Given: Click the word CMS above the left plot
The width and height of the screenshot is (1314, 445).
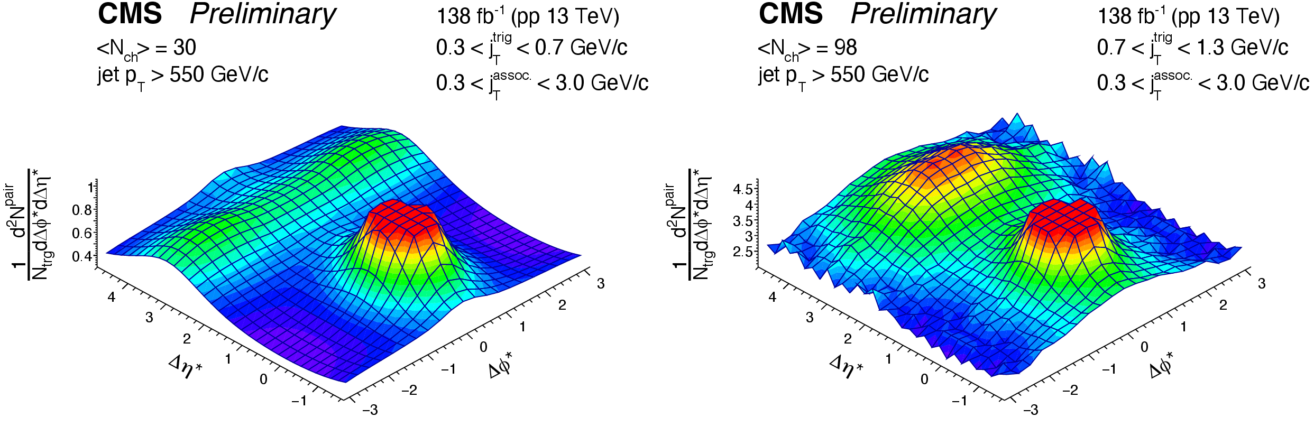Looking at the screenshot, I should point(130,14).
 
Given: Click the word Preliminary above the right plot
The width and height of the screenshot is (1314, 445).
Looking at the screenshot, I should point(923,15).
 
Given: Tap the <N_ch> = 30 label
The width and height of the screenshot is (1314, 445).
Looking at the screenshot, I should point(146,49).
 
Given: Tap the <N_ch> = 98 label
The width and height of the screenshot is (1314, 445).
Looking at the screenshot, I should point(807,49).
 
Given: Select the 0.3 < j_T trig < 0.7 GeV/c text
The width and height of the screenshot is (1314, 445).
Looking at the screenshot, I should point(531,48).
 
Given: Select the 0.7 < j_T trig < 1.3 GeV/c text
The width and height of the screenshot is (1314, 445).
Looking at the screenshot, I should point(1192,48).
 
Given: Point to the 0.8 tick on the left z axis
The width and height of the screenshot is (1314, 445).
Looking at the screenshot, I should point(82,210).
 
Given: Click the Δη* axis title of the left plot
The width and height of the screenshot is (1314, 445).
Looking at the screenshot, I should point(185,367).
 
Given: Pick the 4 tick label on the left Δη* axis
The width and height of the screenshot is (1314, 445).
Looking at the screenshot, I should point(112,298).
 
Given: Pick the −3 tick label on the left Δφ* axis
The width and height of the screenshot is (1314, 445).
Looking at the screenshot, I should point(370,410).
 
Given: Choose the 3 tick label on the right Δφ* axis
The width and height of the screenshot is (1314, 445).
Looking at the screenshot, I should point(1262,284).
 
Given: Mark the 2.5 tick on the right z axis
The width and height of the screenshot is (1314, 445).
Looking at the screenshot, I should point(742,252).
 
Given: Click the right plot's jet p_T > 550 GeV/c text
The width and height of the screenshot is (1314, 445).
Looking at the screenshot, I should point(843,76).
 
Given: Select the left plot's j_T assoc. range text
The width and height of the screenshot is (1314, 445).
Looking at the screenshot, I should point(542,83).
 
